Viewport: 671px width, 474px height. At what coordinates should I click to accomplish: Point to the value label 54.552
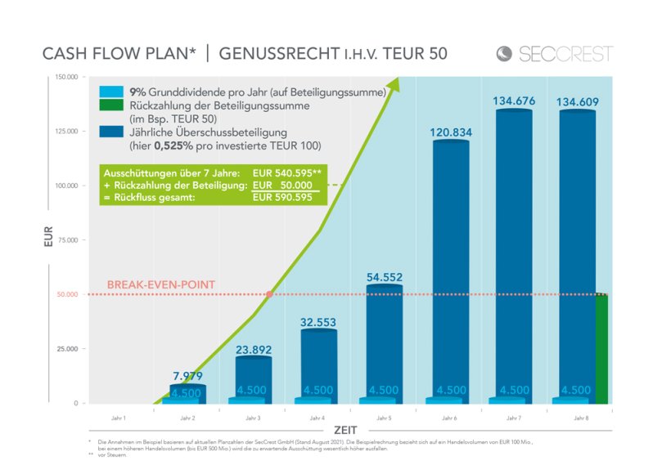click(385, 277)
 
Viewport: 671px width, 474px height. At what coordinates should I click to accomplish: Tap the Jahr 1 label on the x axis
click(119, 417)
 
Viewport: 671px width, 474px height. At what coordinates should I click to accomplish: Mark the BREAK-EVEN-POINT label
click(161, 284)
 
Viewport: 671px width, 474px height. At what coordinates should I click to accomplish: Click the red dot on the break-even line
click(270, 294)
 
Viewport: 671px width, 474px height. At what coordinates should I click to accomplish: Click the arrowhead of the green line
click(394, 83)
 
